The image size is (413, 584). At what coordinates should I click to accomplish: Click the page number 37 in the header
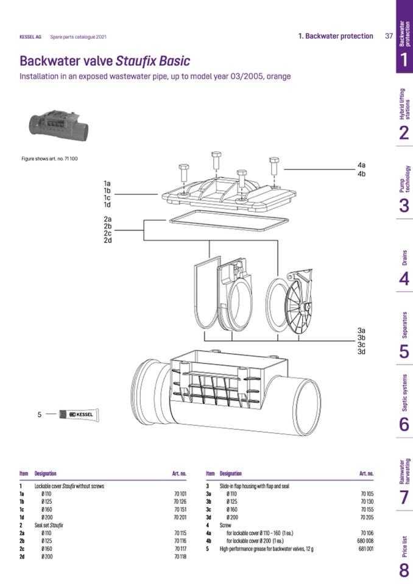pyautogui.click(x=389, y=36)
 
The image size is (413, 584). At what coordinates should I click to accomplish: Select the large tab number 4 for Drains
pyautogui.click(x=404, y=279)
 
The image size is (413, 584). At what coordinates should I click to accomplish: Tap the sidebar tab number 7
pyautogui.click(x=404, y=498)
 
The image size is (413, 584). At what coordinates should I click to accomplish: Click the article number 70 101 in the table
pyautogui.click(x=180, y=493)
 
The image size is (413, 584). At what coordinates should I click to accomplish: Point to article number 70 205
pyautogui.click(x=367, y=516)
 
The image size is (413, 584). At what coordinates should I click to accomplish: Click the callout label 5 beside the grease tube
pyautogui.click(x=40, y=415)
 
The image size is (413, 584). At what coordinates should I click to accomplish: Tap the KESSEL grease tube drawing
pyautogui.click(x=79, y=415)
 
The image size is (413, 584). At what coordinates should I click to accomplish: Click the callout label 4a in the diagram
pyautogui.click(x=361, y=165)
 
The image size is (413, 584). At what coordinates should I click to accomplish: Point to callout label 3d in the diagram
pyautogui.click(x=361, y=352)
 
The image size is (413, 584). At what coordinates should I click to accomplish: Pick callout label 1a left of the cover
pyautogui.click(x=107, y=183)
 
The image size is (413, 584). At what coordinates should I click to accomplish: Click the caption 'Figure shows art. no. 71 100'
pyautogui.click(x=49, y=159)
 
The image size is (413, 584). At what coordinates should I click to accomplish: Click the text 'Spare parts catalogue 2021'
pyautogui.click(x=79, y=37)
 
